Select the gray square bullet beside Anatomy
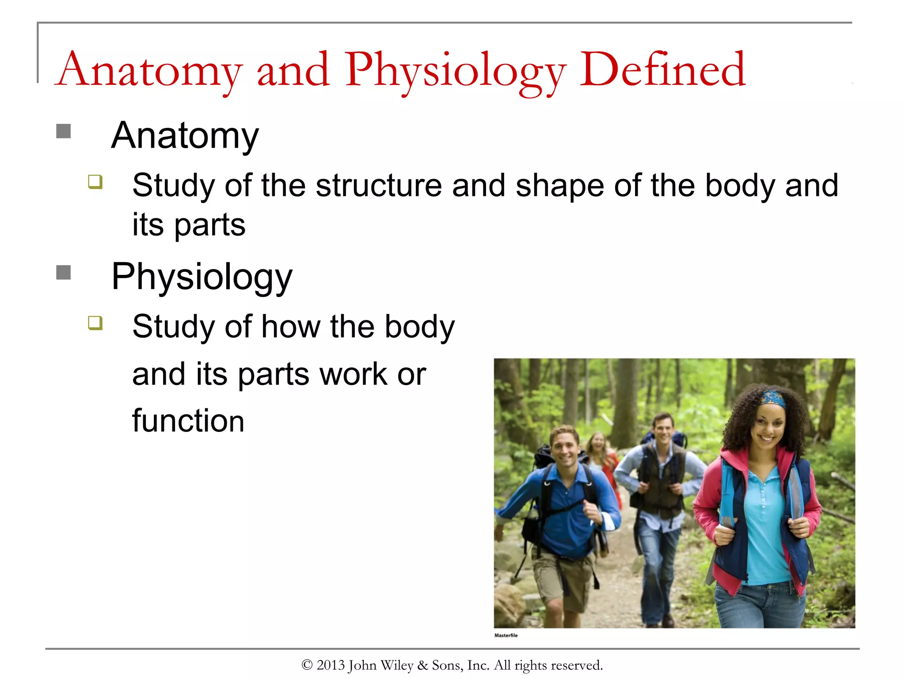click(64, 131)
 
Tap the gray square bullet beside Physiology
click(64, 272)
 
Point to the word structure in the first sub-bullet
click(379, 186)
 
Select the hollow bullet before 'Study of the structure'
click(95, 182)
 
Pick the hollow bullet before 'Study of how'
click(95, 323)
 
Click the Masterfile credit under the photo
click(506, 635)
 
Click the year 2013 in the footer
click(330, 665)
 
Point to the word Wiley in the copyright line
click(396, 665)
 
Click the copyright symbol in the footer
click(307, 665)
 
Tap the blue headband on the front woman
click(773, 397)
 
